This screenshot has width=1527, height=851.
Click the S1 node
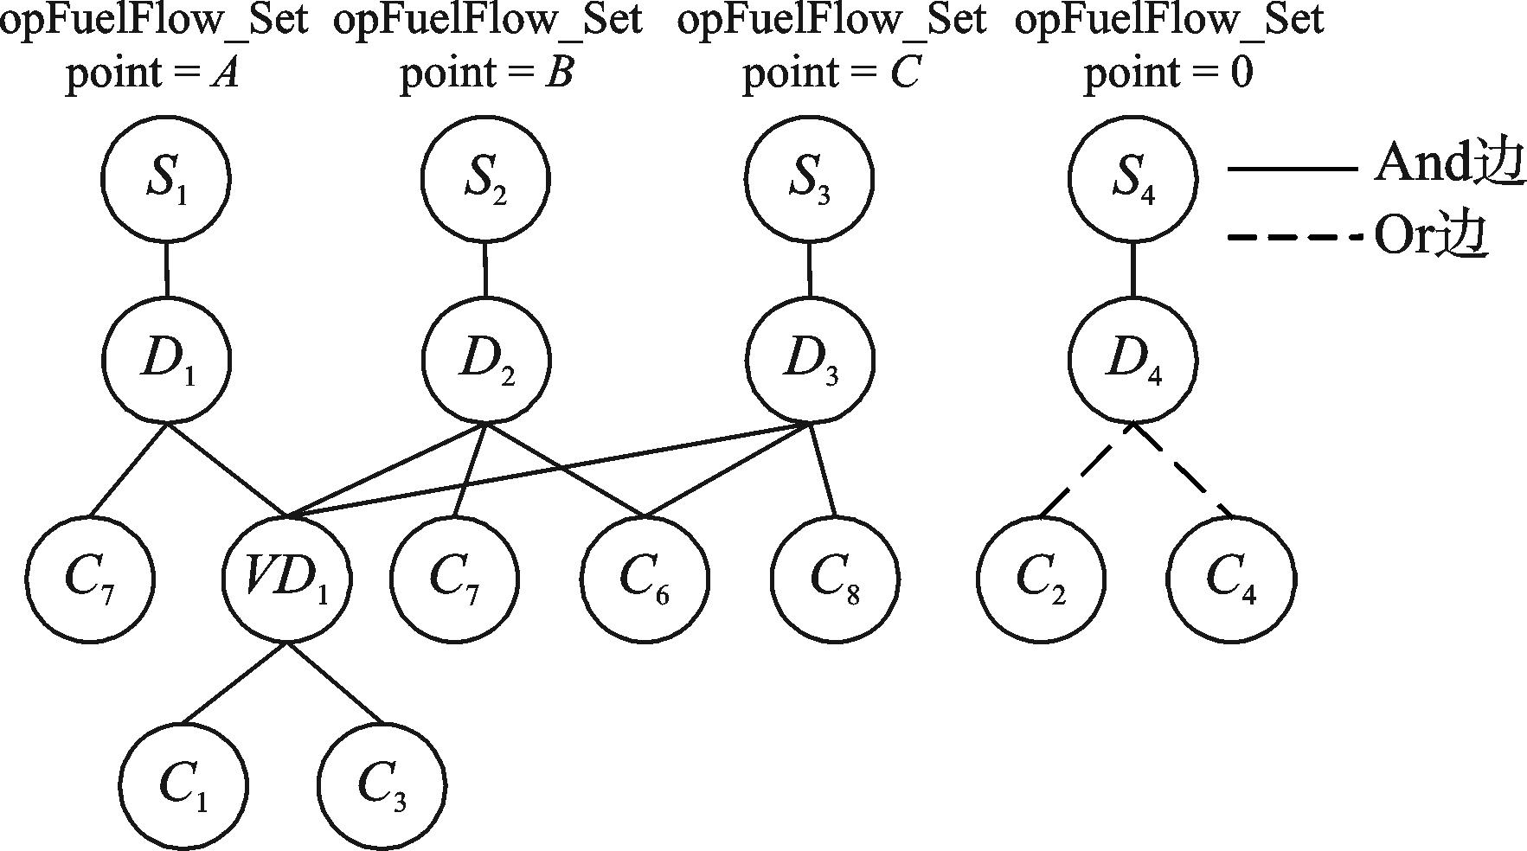pyautogui.click(x=166, y=179)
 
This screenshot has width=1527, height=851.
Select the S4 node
pyautogui.click(x=1132, y=179)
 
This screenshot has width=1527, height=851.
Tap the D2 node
pyautogui.click(x=486, y=359)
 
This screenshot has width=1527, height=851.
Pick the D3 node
pyautogui.click(x=810, y=359)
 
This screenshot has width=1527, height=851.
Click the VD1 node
pyautogui.click(x=287, y=578)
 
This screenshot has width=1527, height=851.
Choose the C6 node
pyautogui.click(x=645, y=578)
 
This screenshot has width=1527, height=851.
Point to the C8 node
pyautogui.click(x=835, y=578)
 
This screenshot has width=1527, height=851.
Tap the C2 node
pyautogui.click(x=1041, y=578)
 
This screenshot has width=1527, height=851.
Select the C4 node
pyautogui.click(x=1230, y=578)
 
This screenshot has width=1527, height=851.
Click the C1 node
pyautogui.click(x=183, y=785)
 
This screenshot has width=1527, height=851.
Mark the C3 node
pyautogui.click(x=382, y=785)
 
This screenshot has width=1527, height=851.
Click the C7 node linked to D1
pyautogui.click(x=89, y=578)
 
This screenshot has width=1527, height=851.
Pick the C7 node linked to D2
pyautogui.click(x=454, y=578)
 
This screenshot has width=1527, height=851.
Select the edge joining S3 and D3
pyautogui.click(x=809, y=269)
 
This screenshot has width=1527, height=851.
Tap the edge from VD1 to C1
pyautogui.click(x=235, y=682)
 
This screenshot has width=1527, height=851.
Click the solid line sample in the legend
pyautogui.click(x=1292, y=169)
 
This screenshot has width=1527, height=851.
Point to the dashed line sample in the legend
pyautogui.click(x=1292, y=234)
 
